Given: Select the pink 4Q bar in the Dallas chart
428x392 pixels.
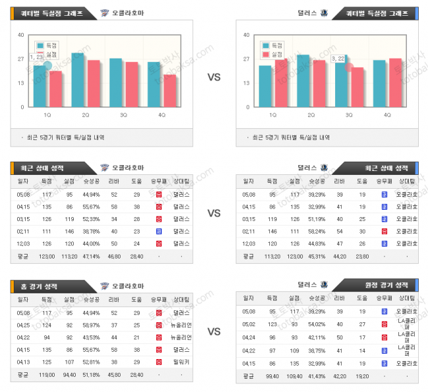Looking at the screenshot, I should tap(395, 82).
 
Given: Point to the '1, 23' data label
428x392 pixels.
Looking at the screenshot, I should tap(37, 57).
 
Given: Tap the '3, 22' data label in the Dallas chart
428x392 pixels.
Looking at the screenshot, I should tap(338, 59).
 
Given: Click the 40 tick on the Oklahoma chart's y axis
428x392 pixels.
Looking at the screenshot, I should tap(21, 35).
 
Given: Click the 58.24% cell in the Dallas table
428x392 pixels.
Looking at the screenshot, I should tap(317, 232).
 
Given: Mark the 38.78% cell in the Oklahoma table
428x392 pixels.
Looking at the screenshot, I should tap(91, 232).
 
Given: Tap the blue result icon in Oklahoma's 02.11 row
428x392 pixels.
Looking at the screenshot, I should tap(159, 232).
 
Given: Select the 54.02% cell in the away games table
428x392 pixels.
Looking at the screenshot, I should tap(317, 324).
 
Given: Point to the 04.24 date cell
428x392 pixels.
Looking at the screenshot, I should tap(249, 337).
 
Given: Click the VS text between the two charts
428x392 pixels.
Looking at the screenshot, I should tap(214, 77).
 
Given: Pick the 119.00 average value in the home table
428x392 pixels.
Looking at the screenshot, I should tap(46, 375).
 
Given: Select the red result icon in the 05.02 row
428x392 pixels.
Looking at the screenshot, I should tap(384, 324).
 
